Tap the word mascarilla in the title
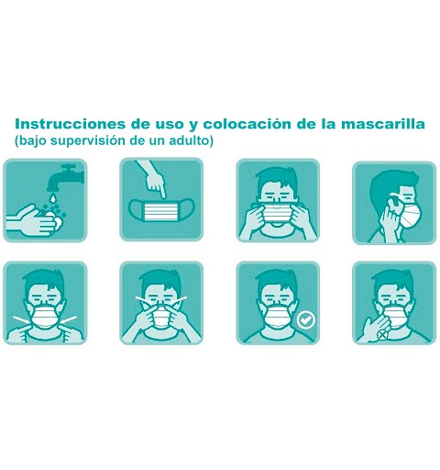(x=382, y=124)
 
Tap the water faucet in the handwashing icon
(x=66, y=176)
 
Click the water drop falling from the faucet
(x=53, y=198)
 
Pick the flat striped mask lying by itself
(x=161, y=210)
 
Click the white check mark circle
(x=305, y=320)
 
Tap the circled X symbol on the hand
(x=382, y=335)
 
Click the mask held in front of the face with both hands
(x=278, y=213)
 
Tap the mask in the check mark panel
(x=278, y=317)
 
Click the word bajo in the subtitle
(x=31, y=141)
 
